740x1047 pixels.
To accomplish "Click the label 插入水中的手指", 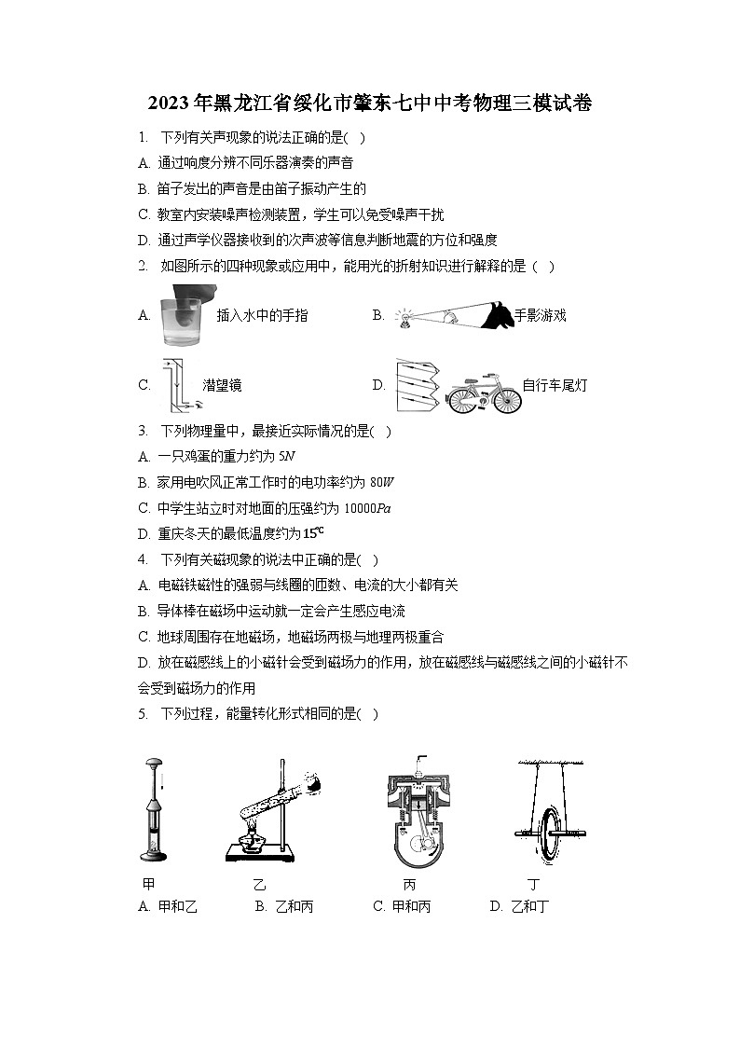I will [x=262, y=316].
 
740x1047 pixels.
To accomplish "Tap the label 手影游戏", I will [x=540, y=315].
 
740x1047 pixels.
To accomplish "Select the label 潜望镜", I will [x=222, y=385].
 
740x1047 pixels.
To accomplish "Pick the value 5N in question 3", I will [x=287, y=456].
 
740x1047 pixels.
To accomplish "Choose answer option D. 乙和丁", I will [x=519, y=906].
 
